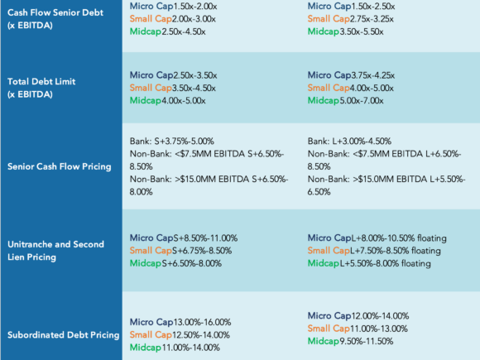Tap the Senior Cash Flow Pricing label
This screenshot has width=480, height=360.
pyautogui.click(x=60, y=166)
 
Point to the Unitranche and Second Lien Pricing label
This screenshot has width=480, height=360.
pyautogui.click(x=55, y=251)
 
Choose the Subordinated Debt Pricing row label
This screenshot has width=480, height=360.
pyautogui.click(x=64, y=335)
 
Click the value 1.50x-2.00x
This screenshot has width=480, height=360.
pyautogui.click(x=195, y=6)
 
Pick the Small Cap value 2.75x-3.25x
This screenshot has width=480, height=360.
pyautogui.click(x=372, y=19)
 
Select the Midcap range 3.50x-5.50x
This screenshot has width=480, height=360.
pyautogui.click(x=361, y=31)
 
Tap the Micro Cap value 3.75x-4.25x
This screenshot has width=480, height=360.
pyautogui.click(x=373, y=75)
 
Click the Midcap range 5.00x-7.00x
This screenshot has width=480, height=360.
pyautogui.click(x=361, y=101)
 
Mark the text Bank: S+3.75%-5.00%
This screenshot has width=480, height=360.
pyautogui.click(x=172, y=142)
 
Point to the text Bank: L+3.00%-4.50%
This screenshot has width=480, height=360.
pyautogui.click(x=349, y=142)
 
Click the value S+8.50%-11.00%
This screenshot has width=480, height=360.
pyautogui.click(x=205, y=238)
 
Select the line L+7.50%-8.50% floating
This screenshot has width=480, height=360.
pyautogui.click(x=396, y=251)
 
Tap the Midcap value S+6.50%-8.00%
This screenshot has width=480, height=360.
pyautogui.click(x=192, y=263)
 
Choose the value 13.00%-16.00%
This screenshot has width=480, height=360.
pyautogui.click(x=203, y=322)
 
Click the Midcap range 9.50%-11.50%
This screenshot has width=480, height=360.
pyautogui.click(x=366, y=341)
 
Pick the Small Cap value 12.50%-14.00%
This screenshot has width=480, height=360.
pyautogui.click(x=201, y=335)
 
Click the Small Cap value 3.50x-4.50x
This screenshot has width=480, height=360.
pyautogui.click(x=194, y=89)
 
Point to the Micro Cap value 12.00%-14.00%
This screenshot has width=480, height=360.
pyautogui.click(x=380, y=316)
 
